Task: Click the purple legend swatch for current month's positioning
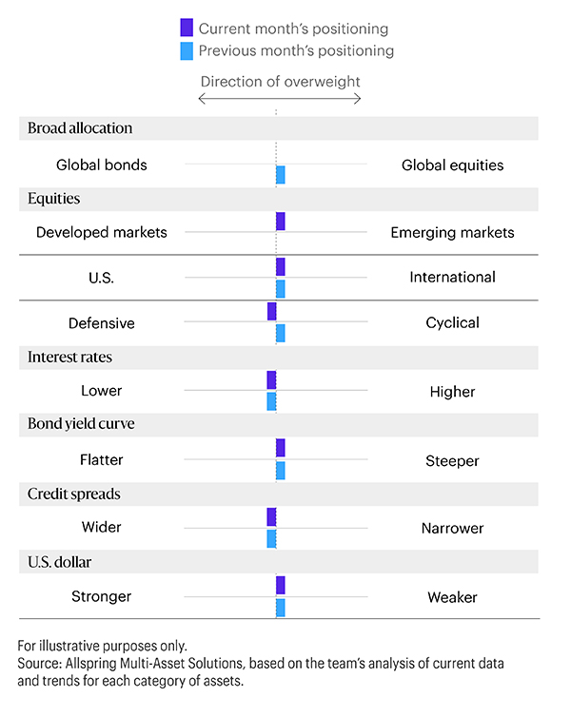click(187, 29)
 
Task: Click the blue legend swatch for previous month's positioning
click(187, 50)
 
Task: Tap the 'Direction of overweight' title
click(280, 81)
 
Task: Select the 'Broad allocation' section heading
click(80, 128)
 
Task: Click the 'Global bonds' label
click(102, 165)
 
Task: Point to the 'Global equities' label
click(452, 165)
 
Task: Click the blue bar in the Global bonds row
click(281, 175)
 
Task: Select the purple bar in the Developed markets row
click(281, 222)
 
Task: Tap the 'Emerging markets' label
click(452, 232)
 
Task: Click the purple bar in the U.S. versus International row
click(281, 267)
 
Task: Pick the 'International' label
click(452, 278)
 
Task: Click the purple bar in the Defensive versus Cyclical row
click(271, 312)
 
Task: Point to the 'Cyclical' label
click(452, 323)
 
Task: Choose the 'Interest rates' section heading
click(69, 358)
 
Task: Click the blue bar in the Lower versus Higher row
click(271, 401)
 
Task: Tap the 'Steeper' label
click(452, 461)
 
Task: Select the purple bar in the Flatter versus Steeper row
click(281, 448)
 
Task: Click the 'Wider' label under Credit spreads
click(102, 528)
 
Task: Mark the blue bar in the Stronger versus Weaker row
click(281, 608)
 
